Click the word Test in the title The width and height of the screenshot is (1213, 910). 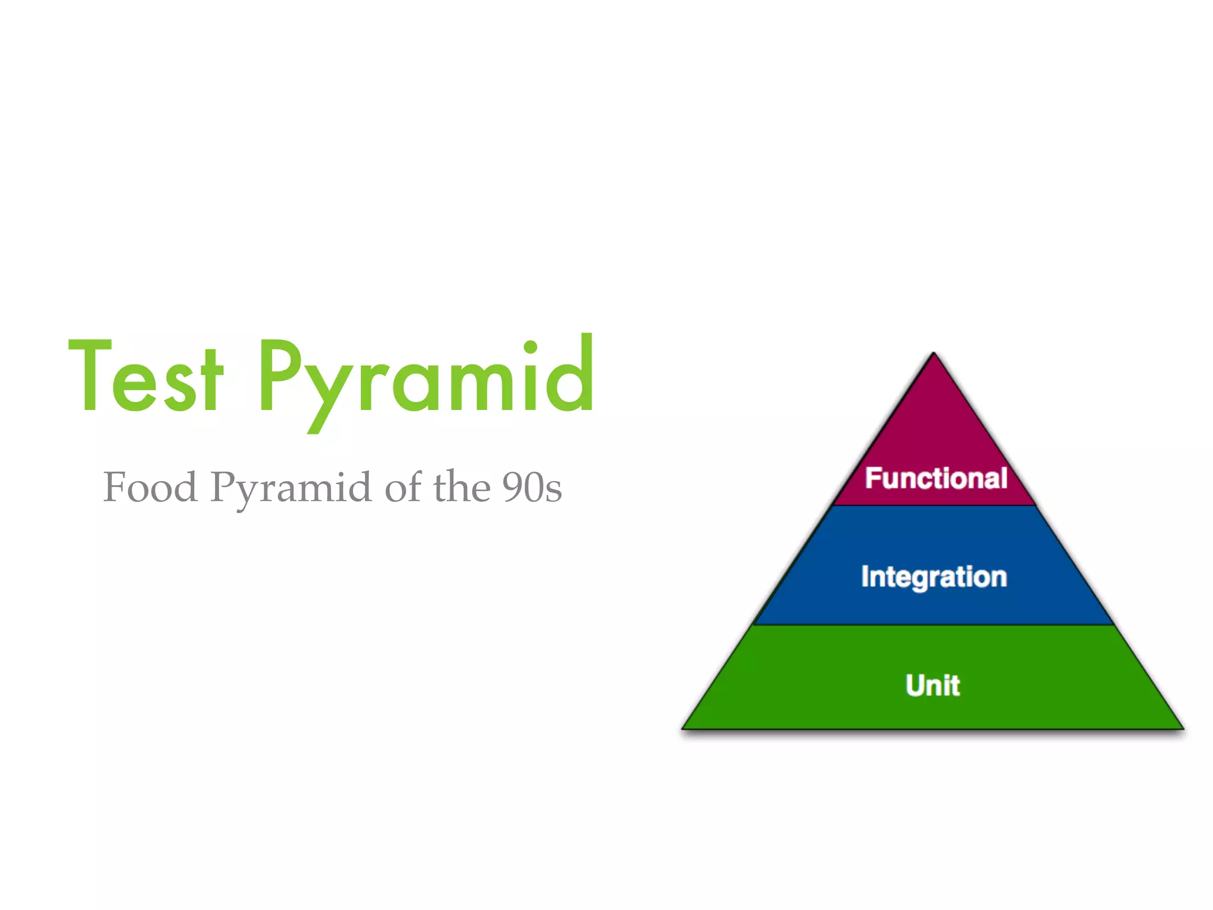tap(146, 376)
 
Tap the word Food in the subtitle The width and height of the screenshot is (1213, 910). tap(150, 487)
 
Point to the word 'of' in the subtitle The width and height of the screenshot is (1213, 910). tap(403, 487)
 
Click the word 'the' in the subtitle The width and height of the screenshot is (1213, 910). tap(462, 487)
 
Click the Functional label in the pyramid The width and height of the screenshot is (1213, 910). tap(936, 478)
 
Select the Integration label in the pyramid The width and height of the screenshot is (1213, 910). tap(934, 576)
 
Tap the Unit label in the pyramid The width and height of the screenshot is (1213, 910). tap(933, 685)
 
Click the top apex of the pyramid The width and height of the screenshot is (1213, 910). tap(934, 354)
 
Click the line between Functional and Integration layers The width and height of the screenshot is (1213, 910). tap(934, 505)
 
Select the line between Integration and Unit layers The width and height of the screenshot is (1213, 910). tap(934, 625)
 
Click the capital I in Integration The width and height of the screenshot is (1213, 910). tap(865, 576)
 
